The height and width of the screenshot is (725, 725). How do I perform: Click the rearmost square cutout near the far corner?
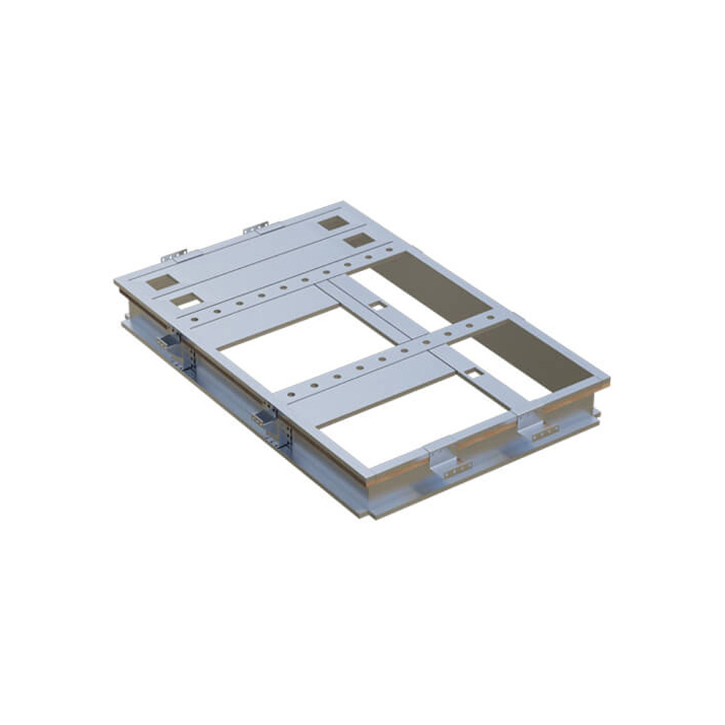tap(333, 223)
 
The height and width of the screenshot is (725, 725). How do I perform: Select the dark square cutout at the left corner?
tap(162, 282)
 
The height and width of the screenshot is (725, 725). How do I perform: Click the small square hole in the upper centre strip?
tap(378, 306)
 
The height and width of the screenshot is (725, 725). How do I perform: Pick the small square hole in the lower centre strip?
tap(474, 373)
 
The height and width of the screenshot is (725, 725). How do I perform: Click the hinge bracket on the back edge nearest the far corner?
tap(255, 228)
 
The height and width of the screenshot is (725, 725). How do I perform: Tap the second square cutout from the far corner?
tap(359, 240)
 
